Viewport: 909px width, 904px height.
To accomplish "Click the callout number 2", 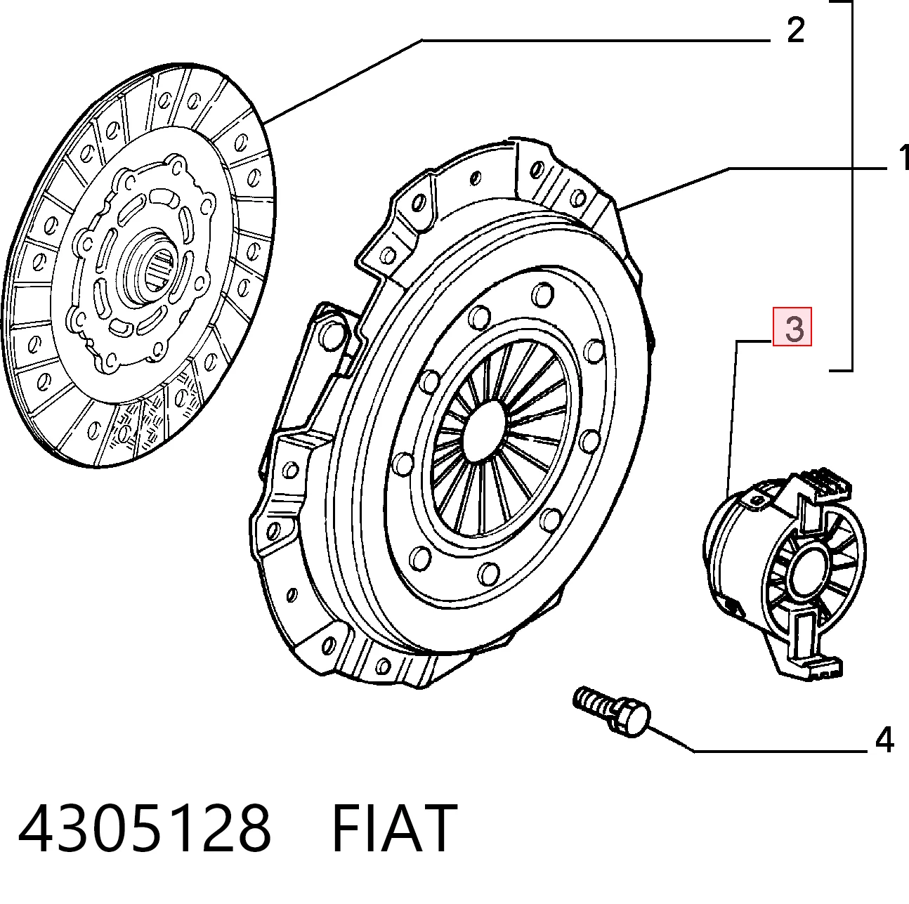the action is [x=796, y=31].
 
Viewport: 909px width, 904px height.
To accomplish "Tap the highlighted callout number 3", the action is [x=792, y=327].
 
